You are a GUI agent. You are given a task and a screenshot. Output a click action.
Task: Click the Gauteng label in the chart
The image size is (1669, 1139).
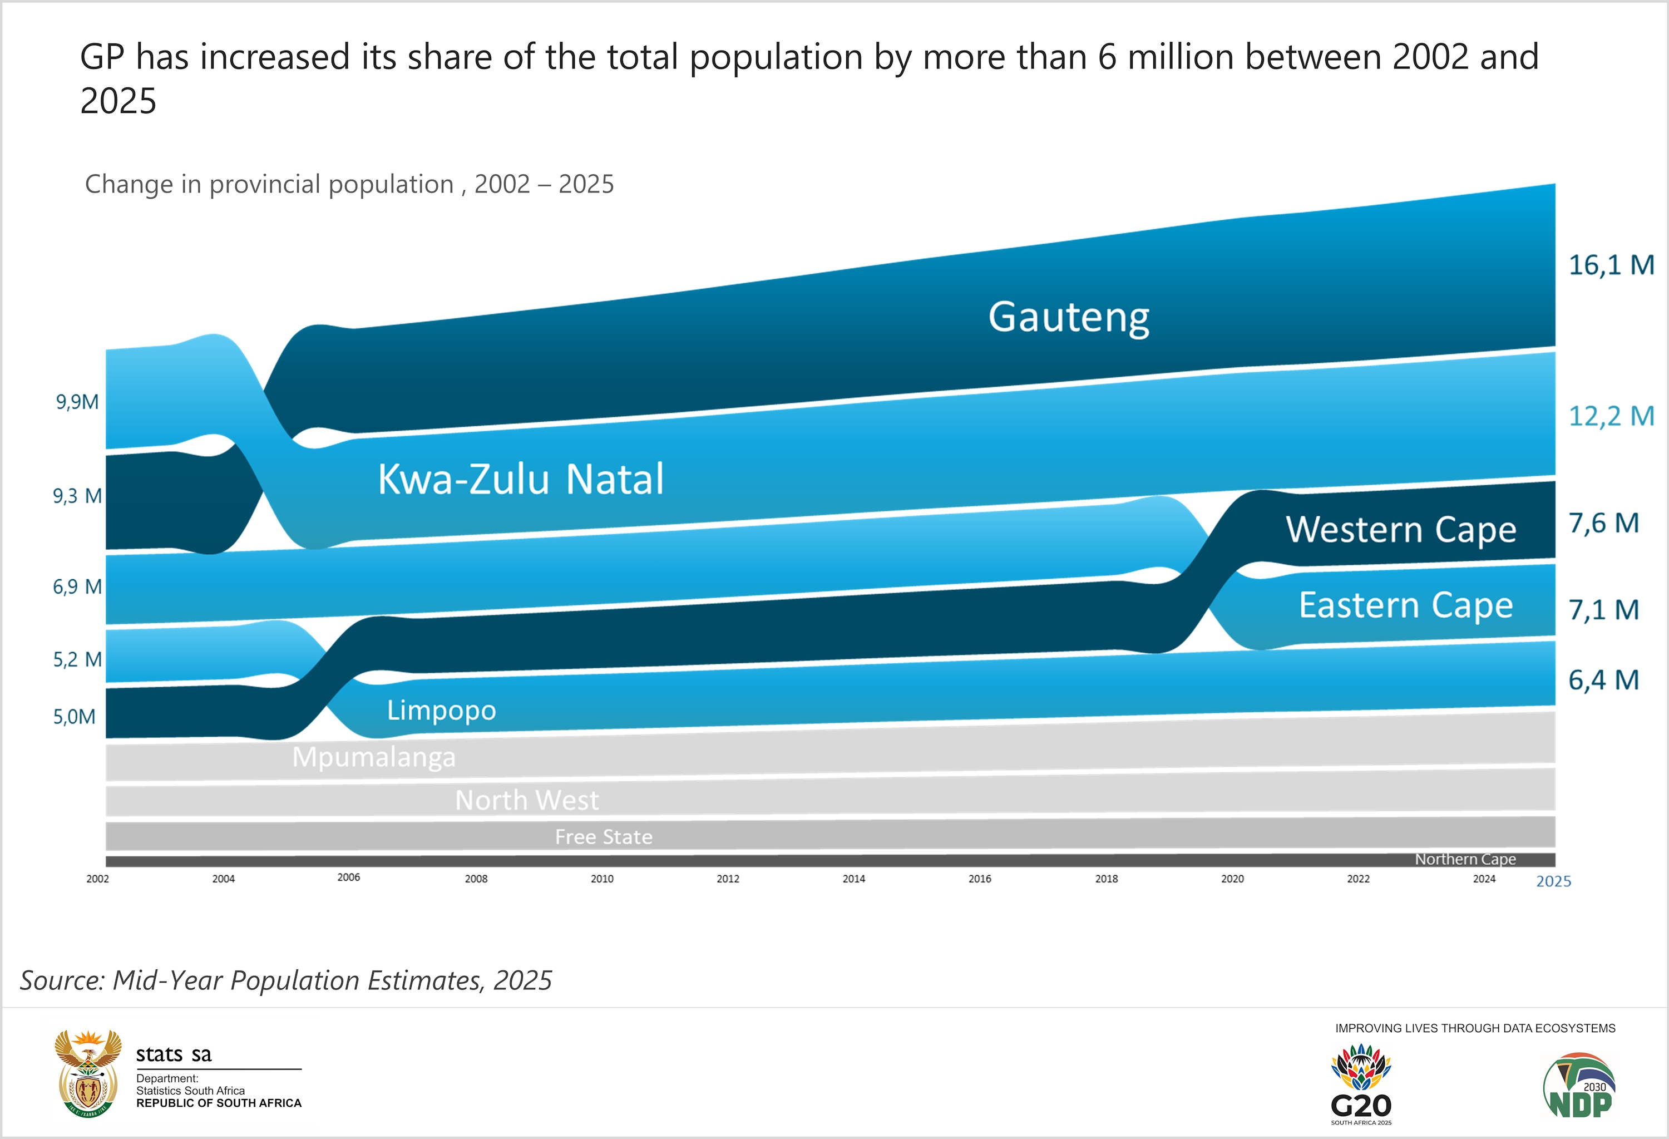[x=1069, y=317]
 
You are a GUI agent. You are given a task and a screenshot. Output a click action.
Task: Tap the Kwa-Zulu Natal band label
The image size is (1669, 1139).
[x=521, y=479]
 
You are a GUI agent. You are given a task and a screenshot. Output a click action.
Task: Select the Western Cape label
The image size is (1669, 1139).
[x=1400, y=530]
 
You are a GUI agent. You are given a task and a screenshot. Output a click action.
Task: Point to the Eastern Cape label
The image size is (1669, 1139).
[x=1405, y=605]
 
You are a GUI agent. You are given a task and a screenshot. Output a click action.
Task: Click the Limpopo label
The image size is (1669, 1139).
[x=441, y=710]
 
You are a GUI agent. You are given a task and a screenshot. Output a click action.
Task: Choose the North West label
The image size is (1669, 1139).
[x=526, y=800]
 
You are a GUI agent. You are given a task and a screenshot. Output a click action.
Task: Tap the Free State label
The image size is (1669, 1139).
[x=603, y=837]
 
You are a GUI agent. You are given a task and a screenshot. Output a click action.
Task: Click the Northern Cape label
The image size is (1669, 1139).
[x=1465, y=859]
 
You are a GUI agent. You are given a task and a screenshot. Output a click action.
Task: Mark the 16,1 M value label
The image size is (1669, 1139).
[x=1611, y=265]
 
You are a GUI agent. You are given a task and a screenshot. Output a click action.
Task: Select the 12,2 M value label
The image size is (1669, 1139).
[x=1611, y=416]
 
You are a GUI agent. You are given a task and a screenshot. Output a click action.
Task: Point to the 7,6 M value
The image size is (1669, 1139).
[x=1603, y=524]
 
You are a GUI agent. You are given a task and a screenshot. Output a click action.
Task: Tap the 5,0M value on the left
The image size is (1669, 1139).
[x=74, y=716]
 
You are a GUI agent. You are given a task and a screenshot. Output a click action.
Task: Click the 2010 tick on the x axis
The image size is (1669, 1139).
[x=602, y=878]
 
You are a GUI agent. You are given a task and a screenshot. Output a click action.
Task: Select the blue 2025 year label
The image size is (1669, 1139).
[x=1553, y=881]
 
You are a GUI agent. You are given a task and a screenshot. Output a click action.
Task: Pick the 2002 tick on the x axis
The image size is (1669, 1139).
[x=98, y=878]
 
